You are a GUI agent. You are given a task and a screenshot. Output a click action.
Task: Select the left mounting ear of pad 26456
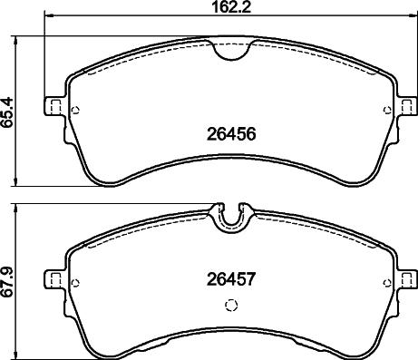click(x=54, y=106)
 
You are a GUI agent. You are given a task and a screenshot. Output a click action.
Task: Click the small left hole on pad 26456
click(x=75, y=112)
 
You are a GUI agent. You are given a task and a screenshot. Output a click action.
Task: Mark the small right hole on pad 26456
click(x=387, y=112)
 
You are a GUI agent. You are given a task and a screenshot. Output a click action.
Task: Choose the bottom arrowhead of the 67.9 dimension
click(x=22, y=355)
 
